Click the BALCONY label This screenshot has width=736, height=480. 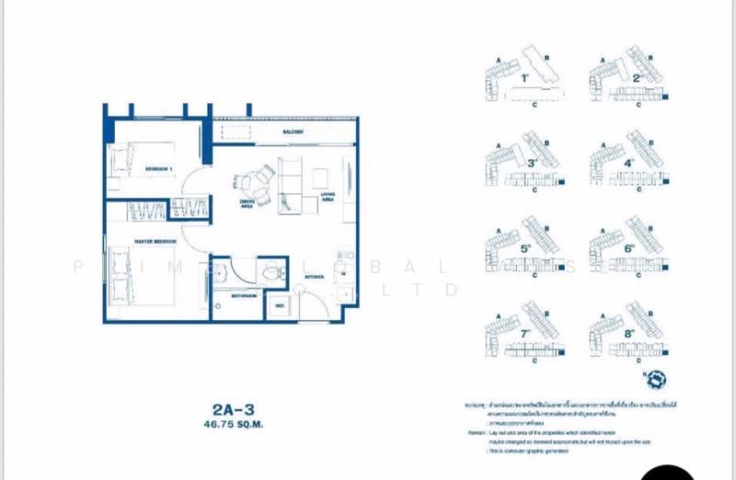(293, 133)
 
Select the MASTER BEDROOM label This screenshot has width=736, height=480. (155, 242)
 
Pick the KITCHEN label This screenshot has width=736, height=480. (314, 275)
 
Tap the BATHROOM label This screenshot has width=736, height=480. (244, 296)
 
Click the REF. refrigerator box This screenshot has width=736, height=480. (279, 305)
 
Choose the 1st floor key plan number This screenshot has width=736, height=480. (524, 78)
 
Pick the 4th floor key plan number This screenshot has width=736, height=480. (629, 164)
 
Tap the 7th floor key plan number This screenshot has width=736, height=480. (524, 333)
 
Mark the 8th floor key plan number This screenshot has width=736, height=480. (629, 333)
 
